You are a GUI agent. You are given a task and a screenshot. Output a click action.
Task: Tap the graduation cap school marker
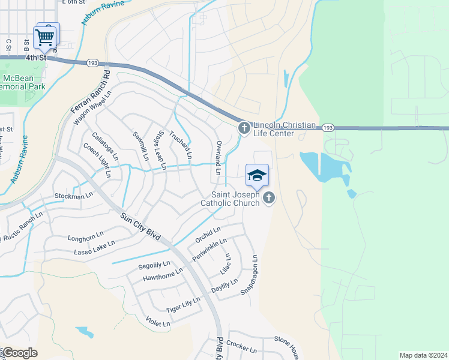click(x=257, y=175)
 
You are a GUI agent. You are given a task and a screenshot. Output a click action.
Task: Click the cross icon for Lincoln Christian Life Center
click(x=244, y=128)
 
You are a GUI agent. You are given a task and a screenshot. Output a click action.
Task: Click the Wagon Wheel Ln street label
click(x=92, y=108)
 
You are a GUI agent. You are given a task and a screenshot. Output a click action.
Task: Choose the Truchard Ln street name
click(x=181, y=145)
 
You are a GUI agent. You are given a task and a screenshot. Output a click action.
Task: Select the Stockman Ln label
click(x=74, y=196)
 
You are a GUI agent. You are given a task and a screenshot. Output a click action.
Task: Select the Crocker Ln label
click(x=242, y=347)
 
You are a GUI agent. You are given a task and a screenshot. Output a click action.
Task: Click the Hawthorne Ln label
click(x=163, y=277)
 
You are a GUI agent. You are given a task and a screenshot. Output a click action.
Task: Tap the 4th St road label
click(x=35, y=58)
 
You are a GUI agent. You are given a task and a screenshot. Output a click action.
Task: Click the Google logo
click(x=20, y=353)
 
